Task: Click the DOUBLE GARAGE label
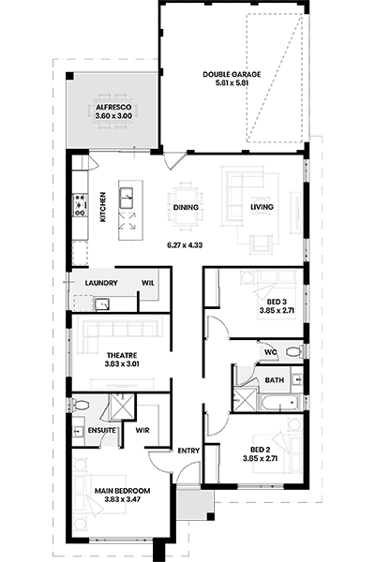click(232, 75)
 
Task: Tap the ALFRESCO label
click(113, 107)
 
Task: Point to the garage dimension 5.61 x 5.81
click(232, 83)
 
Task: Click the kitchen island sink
click(126, 198)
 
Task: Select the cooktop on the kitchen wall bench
click(80, 205)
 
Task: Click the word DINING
click(186, 207)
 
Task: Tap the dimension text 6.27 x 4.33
click(185, 245)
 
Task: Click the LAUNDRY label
click(101, 283)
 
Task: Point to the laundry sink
click(102, 303)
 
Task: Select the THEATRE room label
click(122, 356)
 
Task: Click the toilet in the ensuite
click(81, 405)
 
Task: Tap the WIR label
click(142, 430)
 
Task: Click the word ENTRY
click(188, 451)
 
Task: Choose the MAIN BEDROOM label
click(122, 491)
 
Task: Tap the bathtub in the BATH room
click(280, 403)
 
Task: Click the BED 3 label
click(277, 302)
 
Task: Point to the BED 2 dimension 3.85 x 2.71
click(261, 458)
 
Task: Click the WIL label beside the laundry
click(148, 283)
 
